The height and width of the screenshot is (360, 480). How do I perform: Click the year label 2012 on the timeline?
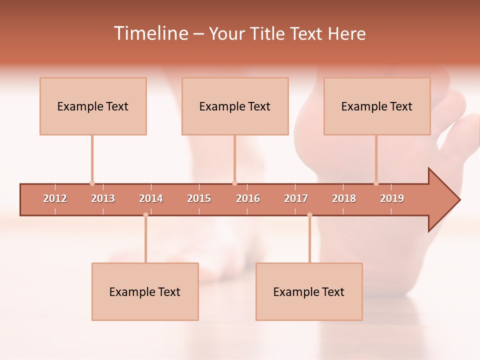click(x=55, y=198)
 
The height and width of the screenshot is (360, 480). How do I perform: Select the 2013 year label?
click(x=103, y=198)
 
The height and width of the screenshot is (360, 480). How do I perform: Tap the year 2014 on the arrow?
click(x=151, y=198)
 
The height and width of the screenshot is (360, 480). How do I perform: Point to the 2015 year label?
click(x=199, y=198)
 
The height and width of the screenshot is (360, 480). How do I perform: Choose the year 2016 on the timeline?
click(x=248, y=198)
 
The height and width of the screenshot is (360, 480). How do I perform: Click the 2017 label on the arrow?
click(x=296, y=198)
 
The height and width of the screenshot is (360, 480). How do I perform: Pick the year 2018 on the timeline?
click(x=344, y=198)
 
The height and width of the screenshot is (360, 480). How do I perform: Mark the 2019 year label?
click(x=392, y=198)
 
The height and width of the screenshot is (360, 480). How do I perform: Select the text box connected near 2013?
click(x=93, y=106)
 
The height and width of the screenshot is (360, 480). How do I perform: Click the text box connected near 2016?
click(x=235, y=106)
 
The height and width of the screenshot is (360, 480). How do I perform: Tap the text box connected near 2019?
click(x=377, y=106)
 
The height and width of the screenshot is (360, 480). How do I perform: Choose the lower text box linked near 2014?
click(x=145, y=292)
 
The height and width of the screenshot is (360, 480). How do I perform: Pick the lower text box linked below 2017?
click(x=309, y=292)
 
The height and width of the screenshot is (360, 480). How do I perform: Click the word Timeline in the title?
click(x=150, y=33)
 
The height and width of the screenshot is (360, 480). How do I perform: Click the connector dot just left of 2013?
click(x=92, y=183)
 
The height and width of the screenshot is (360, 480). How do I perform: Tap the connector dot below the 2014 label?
click(x=145, y=215)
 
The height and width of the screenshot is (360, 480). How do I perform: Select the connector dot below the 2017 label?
click(x=309, y=215)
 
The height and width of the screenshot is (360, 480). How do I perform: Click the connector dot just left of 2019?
click(x=376, y=183)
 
